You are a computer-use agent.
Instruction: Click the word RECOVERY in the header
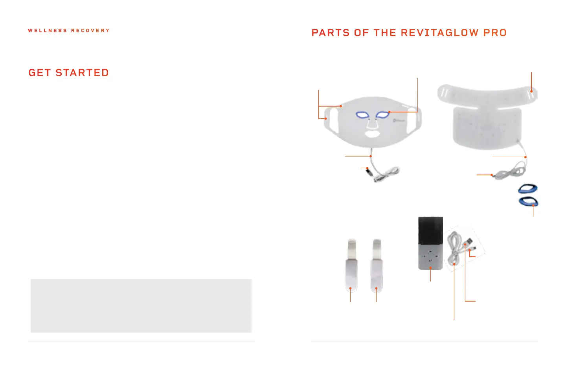point(90,30)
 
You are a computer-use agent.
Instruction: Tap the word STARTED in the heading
point(82,73)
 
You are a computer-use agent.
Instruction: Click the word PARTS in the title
point(330,33)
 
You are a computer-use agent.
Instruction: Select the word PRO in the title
point(495,33)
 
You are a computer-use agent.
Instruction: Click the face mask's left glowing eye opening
point(362,115)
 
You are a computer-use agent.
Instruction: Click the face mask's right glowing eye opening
point(382,115)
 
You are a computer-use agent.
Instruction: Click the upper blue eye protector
point(527,189)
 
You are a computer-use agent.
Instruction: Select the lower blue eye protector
point(528,202)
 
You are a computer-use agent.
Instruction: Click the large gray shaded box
point(141,305)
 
